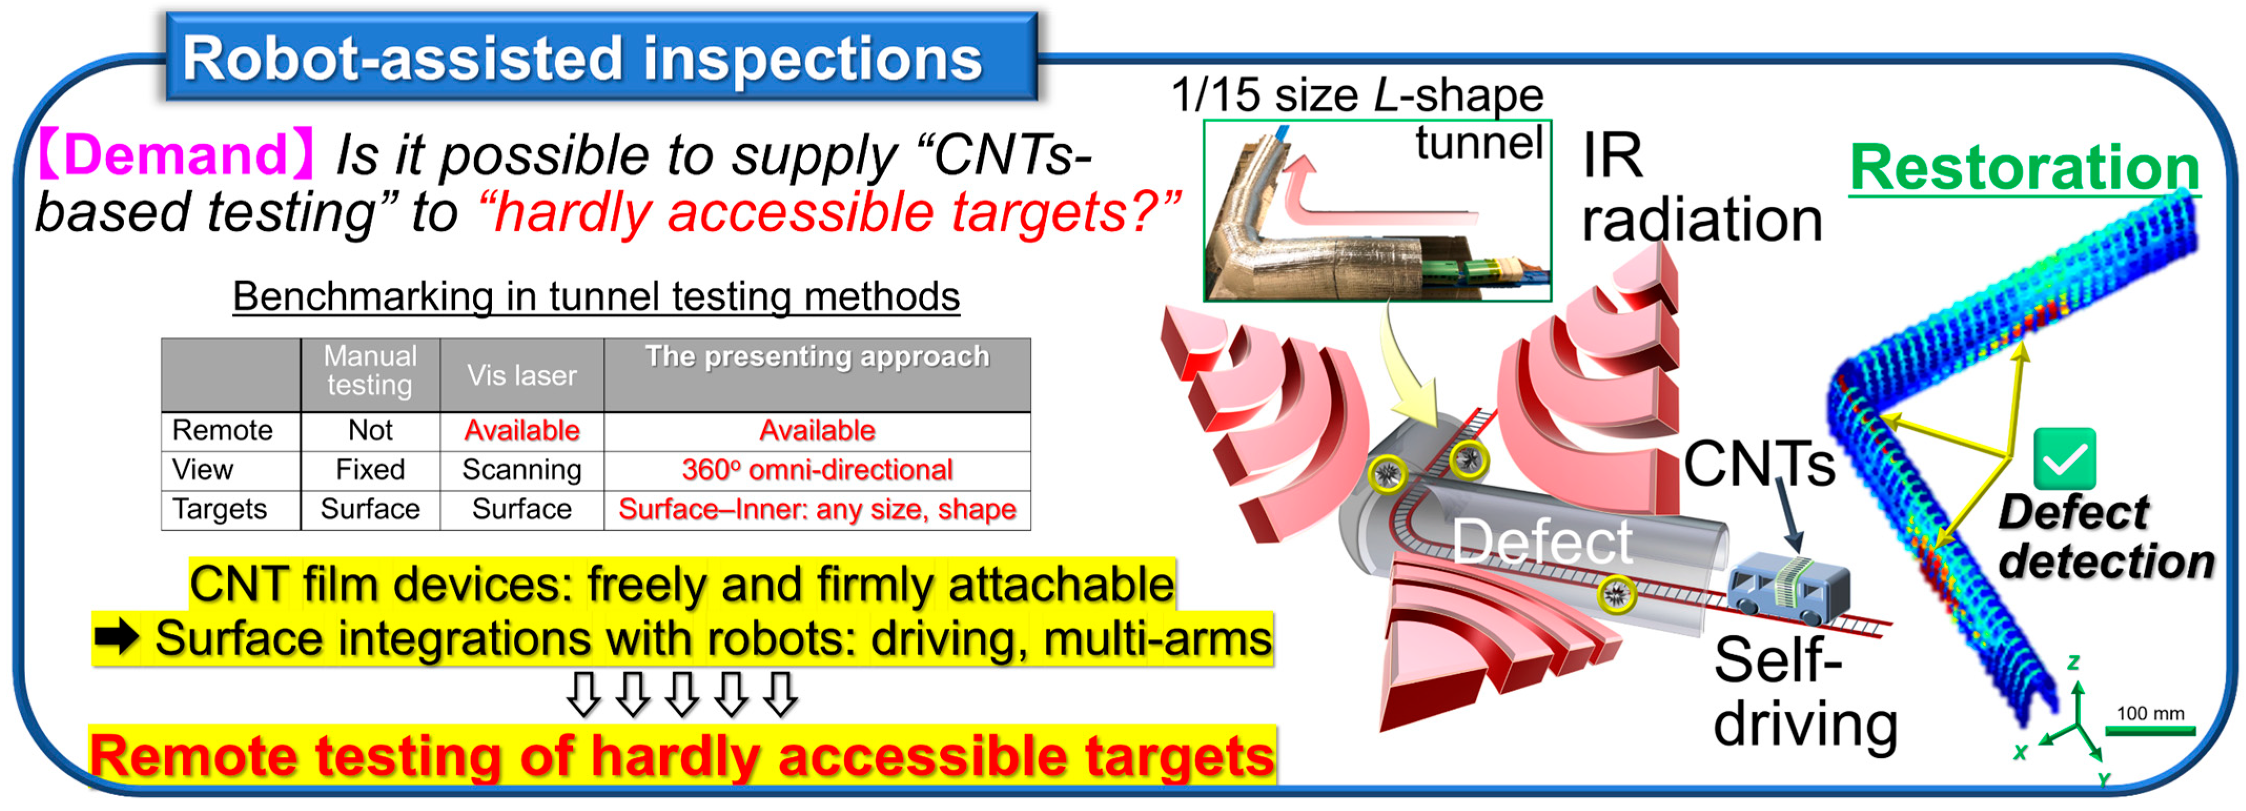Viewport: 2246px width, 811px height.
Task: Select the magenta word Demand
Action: (175, 154)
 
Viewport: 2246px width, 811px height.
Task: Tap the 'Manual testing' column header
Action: (371, 371)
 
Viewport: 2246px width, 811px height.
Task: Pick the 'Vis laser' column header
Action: (521, 375)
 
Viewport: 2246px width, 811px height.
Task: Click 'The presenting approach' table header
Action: (817, 357)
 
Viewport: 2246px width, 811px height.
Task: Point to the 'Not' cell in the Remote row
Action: (371, 430)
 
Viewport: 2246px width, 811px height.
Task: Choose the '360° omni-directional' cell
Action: (817, 469)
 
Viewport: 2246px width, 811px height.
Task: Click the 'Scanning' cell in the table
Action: (521, 469)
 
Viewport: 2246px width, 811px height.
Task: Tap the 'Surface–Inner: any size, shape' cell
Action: (817, 509)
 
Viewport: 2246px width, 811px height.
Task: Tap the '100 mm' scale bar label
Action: (2150, 713)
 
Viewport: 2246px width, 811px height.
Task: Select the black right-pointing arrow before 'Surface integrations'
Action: (117, 637)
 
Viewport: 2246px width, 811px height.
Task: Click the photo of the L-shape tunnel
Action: (1377, 210)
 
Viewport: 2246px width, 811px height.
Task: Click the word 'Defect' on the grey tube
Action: (1542, 542)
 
